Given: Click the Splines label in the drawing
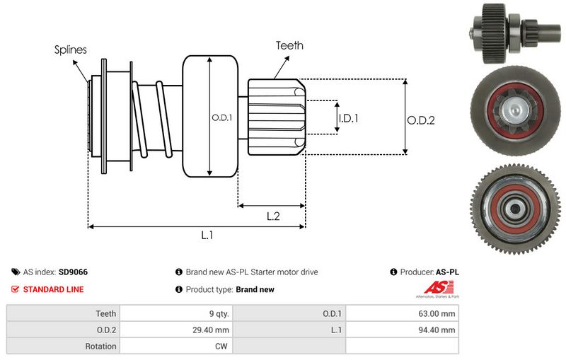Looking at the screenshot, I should point(70,50).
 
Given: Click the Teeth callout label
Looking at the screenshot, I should point(289,45).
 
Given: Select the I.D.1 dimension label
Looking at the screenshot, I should point(348,118).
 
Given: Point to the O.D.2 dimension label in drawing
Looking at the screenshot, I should point(420,120).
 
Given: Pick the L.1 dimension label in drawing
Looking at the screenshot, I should point(207,236).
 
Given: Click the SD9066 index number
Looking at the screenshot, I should point(74,272).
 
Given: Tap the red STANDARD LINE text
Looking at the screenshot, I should point(53,289).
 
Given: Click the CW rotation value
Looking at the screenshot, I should point(221,347).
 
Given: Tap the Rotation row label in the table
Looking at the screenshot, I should point(100,347).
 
